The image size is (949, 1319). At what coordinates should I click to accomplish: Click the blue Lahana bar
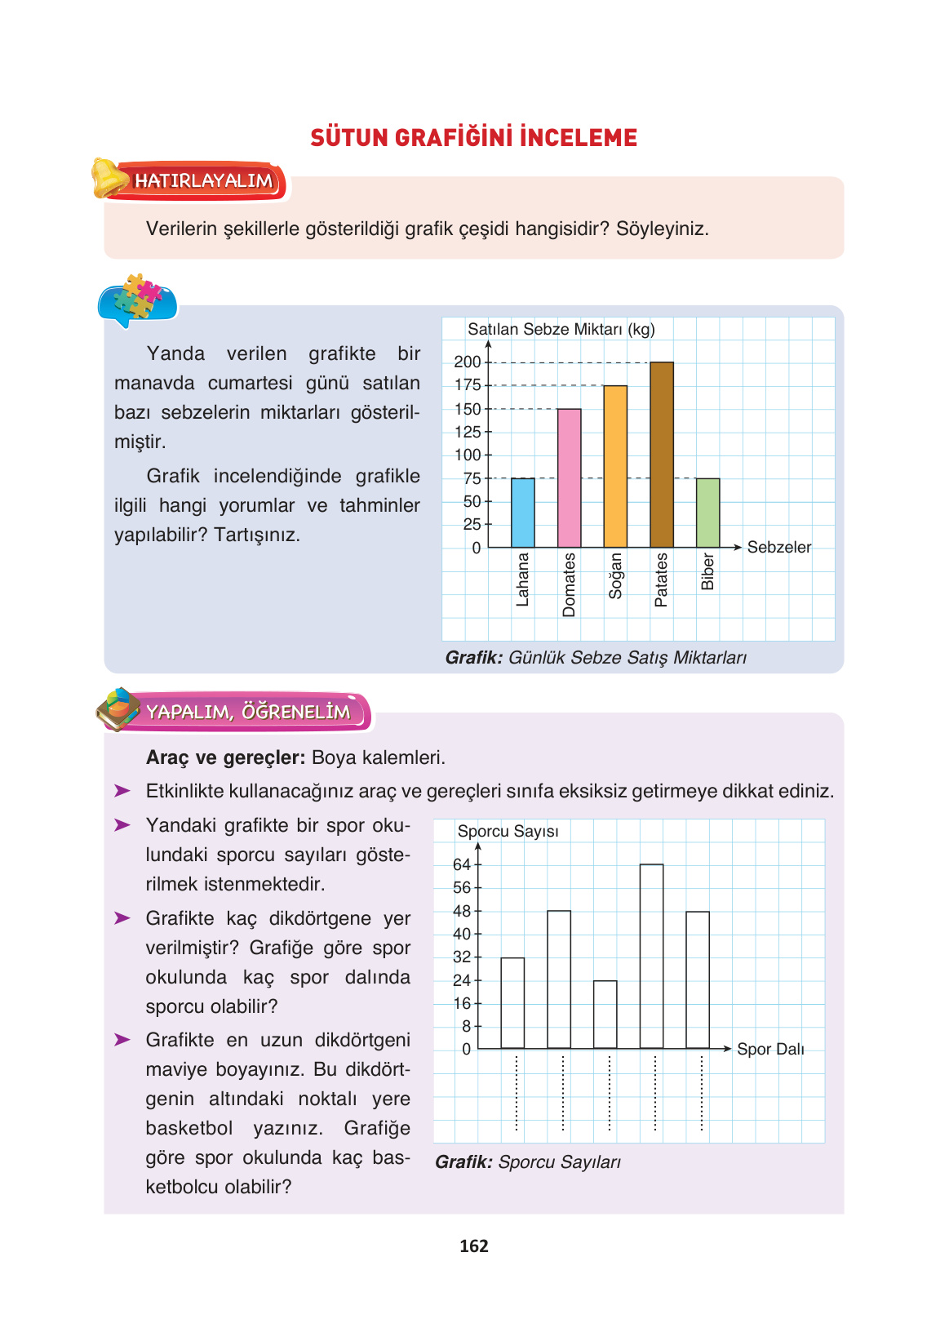click(x=523, y=513)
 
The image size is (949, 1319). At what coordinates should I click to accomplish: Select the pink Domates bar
click(x=570, y=478)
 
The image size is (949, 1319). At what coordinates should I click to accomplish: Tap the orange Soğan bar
click(x=615, y=466)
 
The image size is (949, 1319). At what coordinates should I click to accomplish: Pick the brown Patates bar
click(x=662, y=455)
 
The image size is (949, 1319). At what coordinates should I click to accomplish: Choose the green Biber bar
click(x=707, y=513)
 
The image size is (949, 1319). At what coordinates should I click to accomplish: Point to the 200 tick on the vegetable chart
click(x=468, y=362)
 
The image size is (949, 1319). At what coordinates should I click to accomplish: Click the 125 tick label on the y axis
click(x=468, y=432)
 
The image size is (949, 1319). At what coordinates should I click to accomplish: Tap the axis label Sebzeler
click(x=779, y=547)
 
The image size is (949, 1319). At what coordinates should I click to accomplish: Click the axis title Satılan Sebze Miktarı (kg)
click(x=561, y=329)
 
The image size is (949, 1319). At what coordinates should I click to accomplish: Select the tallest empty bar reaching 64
click(x=651, y=956)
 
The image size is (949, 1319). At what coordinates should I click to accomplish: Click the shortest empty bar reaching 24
click(x=605, y=1015)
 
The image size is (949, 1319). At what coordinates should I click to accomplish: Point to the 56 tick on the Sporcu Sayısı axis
click(x=462, y=888)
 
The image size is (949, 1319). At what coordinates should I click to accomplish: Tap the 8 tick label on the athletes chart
click(x=466, y=1026)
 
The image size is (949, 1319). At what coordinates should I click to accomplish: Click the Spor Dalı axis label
click(x=770, y=1049)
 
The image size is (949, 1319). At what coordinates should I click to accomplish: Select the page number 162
click(x=474, y=1246)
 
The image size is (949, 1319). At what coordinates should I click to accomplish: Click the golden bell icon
click(x=109, y=177)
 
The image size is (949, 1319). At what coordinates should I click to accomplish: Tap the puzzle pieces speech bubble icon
click(x=137, y=300)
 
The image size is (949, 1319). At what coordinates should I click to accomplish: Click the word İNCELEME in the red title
click(x=579, y=137)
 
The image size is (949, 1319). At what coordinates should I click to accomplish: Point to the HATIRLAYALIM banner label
click(x=203, y=180)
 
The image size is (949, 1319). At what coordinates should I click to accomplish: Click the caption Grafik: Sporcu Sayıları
click(x=528, y=1162)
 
